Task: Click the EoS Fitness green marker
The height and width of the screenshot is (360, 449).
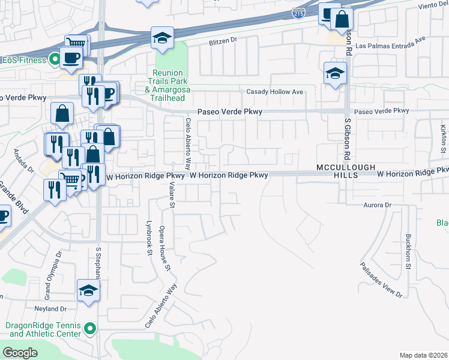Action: (x=54, y=60)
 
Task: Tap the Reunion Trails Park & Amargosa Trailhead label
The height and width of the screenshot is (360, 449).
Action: (x=167, y=81)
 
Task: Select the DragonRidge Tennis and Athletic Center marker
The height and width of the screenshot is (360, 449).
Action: (x=90, y=328)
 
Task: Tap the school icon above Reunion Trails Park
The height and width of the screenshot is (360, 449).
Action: (x=161, y=38)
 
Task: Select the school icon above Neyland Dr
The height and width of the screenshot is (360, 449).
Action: (x=88, y=290)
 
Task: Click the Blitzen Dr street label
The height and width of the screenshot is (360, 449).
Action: (x=223, y=43)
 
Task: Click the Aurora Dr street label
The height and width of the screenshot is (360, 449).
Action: (x=378, y=205)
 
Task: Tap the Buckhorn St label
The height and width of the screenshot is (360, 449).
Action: (x=408, y=251)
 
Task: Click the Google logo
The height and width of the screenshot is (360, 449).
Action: (x=20, y=353)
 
